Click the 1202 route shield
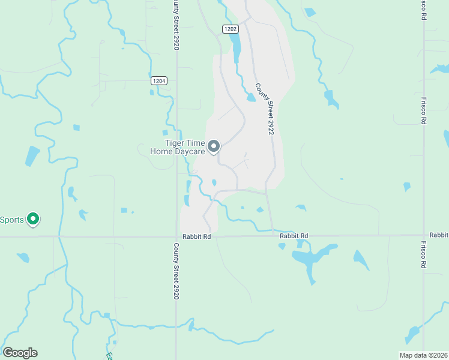coord(231,29)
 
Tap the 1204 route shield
coord(158,80)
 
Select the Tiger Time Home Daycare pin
coord(214,146)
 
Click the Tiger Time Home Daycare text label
coord(178,147)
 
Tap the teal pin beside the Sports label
coord(34,220)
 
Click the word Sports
coord(12,220)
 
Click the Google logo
coord(20,353)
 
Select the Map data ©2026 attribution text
coord(423,355)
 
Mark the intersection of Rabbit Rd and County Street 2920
coord(176,236)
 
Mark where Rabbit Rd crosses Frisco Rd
coord(424,235)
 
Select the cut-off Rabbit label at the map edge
coord(439,235)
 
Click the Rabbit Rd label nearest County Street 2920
coord(199,237)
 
